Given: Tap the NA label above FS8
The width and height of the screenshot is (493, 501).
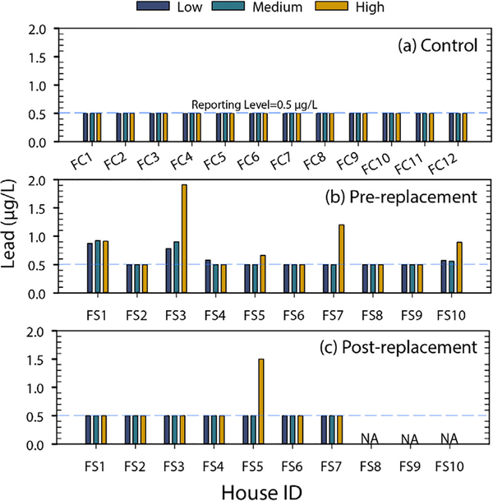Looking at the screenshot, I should (x=369, y=438).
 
